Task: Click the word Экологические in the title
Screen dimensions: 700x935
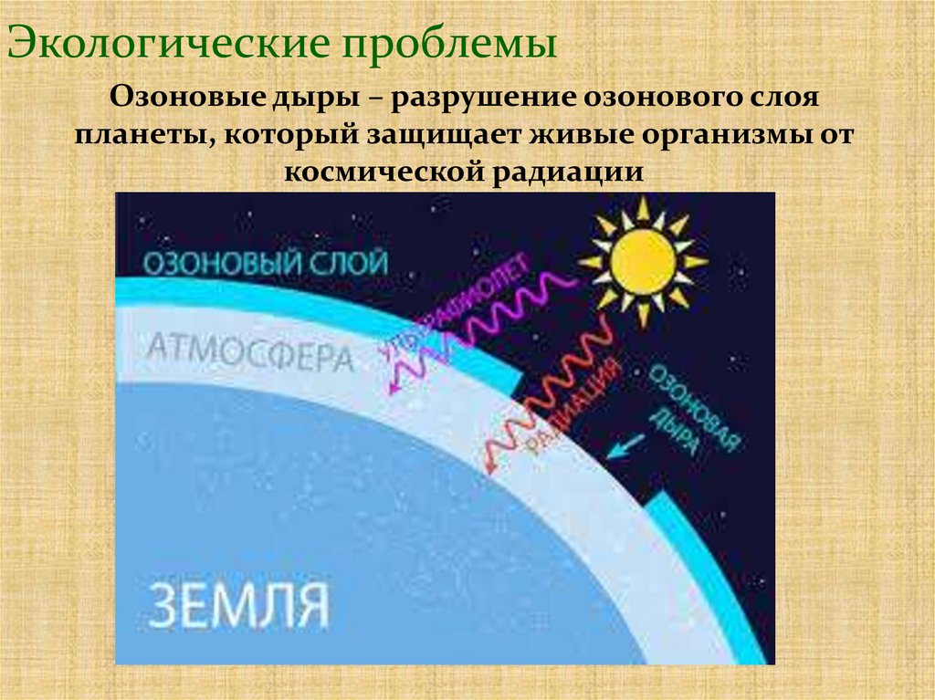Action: click(169, 43)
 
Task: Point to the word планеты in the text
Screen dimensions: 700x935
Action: click(142, 134)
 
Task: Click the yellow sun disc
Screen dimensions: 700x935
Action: click(643, 260)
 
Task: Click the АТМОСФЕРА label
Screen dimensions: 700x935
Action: click(249, 353)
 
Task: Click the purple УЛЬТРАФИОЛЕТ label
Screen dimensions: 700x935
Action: click(457, 316)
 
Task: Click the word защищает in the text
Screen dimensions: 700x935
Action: click(433, 134)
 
